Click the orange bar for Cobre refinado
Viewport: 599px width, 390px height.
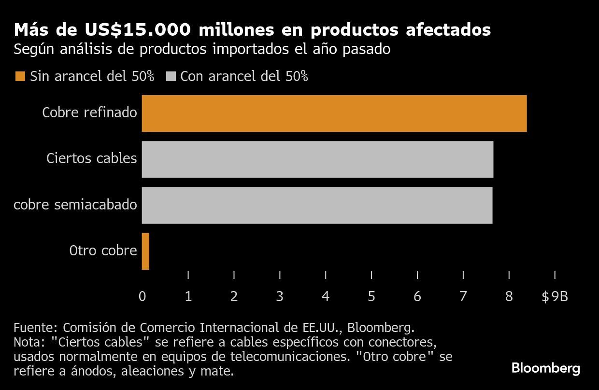334,113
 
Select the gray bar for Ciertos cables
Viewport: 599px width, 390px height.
317,159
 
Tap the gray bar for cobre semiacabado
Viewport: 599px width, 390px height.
317,205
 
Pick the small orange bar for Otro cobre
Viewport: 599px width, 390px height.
145,251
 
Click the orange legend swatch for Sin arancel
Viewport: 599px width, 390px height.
20,77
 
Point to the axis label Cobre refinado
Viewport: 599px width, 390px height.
89,113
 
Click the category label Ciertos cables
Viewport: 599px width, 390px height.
92,158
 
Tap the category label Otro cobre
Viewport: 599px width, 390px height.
103,251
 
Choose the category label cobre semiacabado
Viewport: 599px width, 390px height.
75,205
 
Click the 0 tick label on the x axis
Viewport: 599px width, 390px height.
142,296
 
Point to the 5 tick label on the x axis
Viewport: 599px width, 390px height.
371,296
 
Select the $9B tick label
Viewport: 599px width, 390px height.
555,296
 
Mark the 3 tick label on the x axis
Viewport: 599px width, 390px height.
280,296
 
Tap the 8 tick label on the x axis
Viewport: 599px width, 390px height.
509,296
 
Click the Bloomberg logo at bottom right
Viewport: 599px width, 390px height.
546,369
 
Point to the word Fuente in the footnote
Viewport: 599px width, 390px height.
33,328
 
